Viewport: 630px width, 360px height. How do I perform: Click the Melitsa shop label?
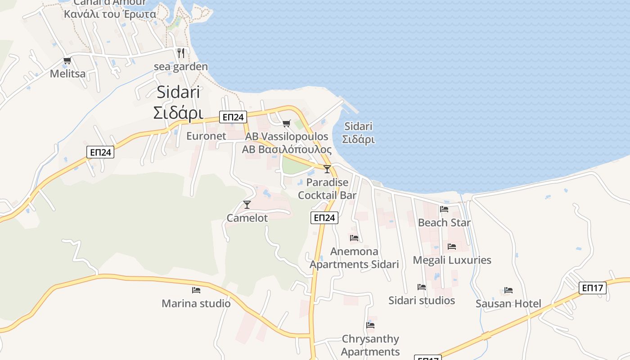(x=67, y=73)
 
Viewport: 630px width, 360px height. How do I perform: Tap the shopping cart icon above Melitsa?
(x=67, y=61)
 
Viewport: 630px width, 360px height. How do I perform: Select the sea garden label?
(x=181, y=67)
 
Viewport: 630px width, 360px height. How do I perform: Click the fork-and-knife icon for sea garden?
(x=181, y=53)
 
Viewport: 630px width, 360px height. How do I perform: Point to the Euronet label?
(x=206, y=136)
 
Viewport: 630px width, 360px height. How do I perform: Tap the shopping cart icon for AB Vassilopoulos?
(x=286, y=123)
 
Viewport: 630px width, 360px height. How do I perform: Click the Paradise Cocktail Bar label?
(x=327, y=189)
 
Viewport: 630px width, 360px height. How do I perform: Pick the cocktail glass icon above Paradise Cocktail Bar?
(x=327, y=169)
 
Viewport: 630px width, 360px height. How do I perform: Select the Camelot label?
(x=247, y=218)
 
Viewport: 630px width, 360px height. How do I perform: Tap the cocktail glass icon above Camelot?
(x=247, y=205)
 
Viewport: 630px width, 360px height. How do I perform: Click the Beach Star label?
(x=444, y=223)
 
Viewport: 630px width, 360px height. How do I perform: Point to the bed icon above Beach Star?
(x=444, y=209)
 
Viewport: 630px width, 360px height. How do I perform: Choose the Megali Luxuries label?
(x=452, y=260)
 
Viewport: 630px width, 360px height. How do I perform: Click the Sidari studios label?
(x=422, y=301)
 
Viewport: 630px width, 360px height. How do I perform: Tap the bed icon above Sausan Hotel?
(x=508, y=290)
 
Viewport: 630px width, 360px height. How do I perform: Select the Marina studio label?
(x=196, y=304)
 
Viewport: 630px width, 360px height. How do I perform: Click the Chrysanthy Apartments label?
(x=370, y=345)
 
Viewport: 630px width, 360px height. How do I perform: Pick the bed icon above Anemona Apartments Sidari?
(x=354, y=238)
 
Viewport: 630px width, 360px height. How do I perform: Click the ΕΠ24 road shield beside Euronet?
(x=233, y=117)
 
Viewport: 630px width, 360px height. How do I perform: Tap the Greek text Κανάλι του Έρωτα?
(x=110, y=14)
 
